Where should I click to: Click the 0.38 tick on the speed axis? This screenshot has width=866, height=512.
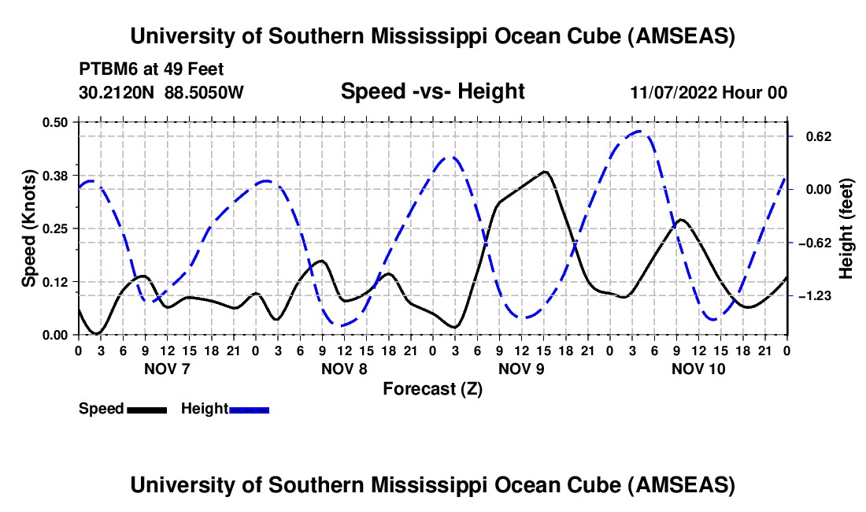coord(56,175)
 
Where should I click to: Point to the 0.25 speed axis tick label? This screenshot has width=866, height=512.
coord(56,228)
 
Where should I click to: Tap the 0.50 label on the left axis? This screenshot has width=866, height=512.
coord(56,122)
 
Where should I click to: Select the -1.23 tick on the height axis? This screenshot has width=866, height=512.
coord(811,296)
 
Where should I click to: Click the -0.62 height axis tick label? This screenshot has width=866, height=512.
coord(811,243)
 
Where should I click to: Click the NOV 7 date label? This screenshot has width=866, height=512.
coord(167,369)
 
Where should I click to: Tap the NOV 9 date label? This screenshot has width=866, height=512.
coord(521,369)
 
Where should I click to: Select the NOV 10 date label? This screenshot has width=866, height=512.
coord(698,369)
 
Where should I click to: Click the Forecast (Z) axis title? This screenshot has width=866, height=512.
coord(432,388)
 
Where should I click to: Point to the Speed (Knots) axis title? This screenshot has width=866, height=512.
coord(29,228)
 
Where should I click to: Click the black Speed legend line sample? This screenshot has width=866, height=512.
coord(146,410)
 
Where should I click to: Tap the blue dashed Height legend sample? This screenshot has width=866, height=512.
coord(249,410)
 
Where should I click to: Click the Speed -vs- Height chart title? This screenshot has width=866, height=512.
coord(432,92)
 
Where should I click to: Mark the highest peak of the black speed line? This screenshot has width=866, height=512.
coord(544,171)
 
